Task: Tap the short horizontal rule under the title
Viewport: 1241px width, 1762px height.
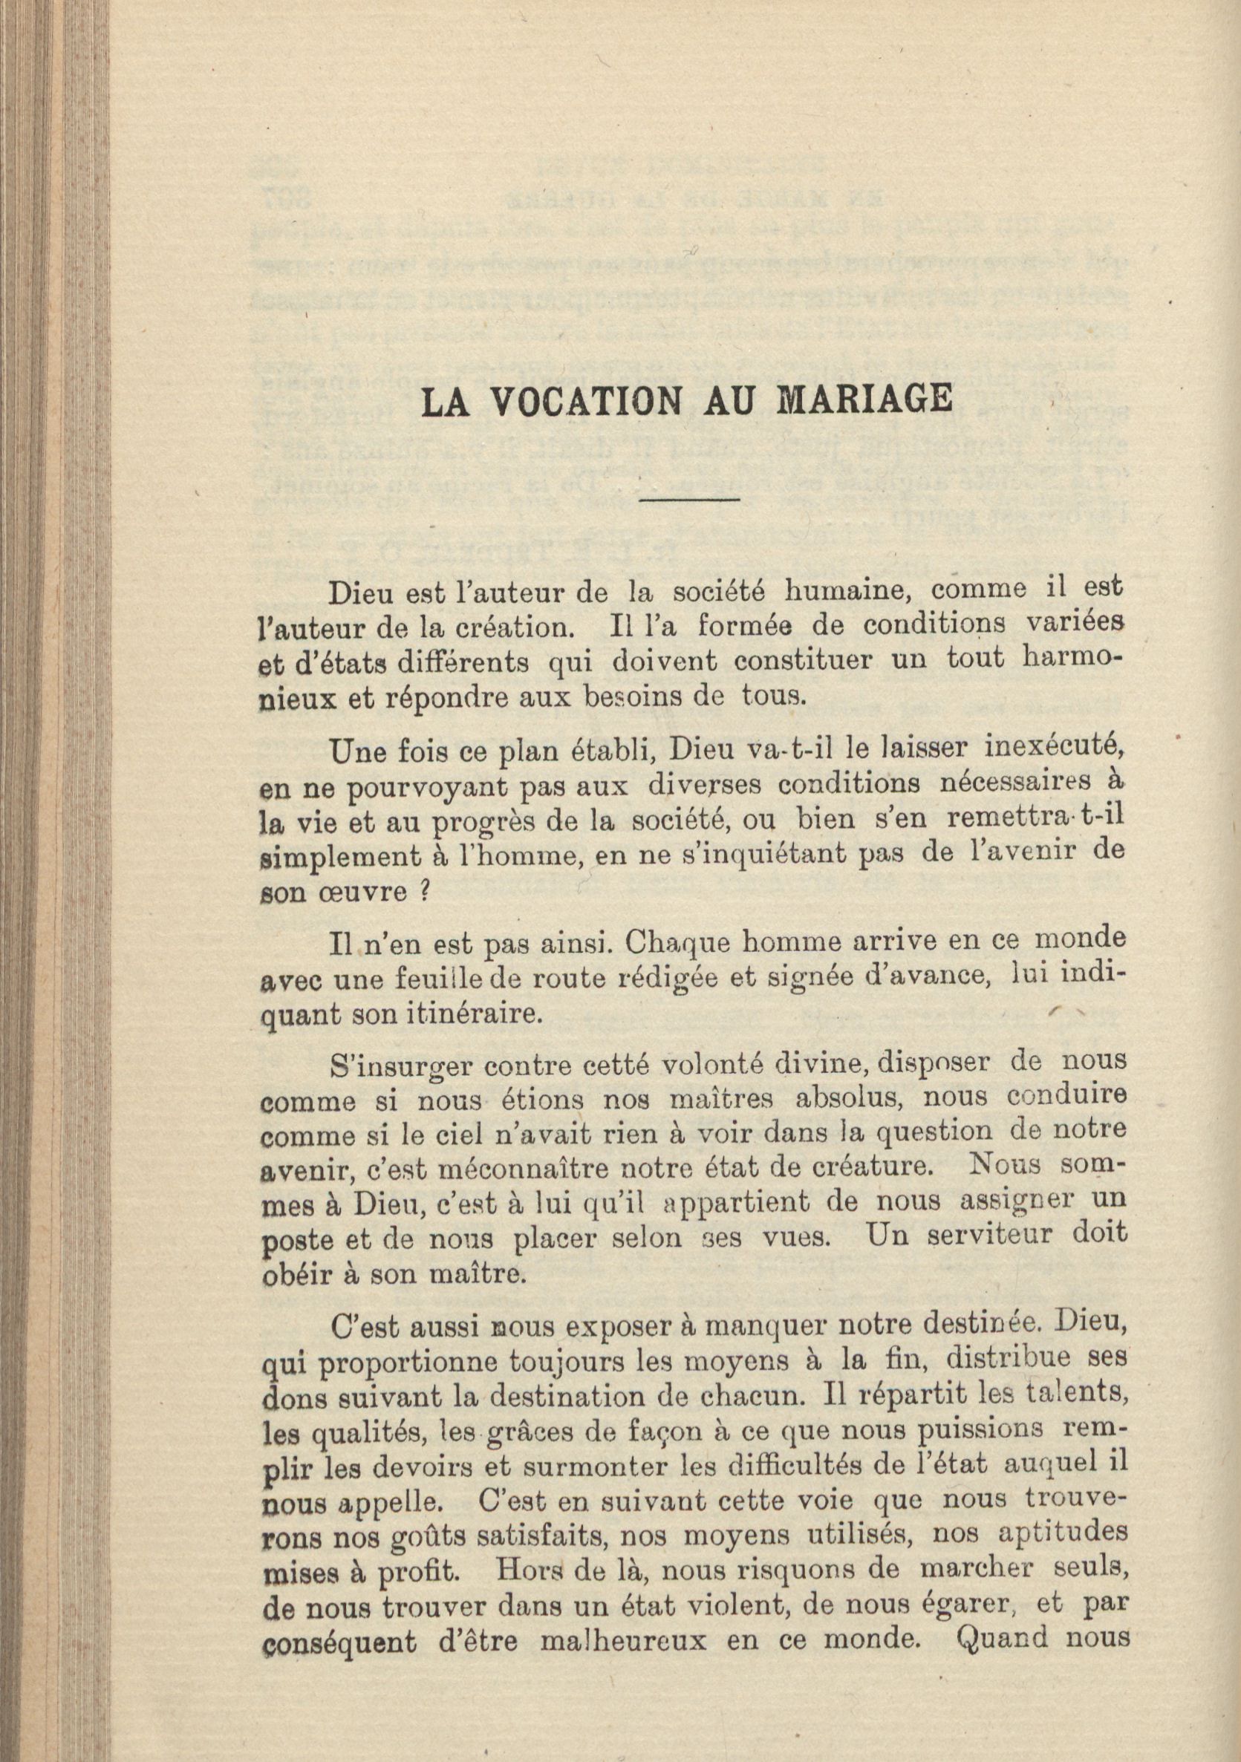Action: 688,500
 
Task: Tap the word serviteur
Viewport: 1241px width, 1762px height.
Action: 986,1237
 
